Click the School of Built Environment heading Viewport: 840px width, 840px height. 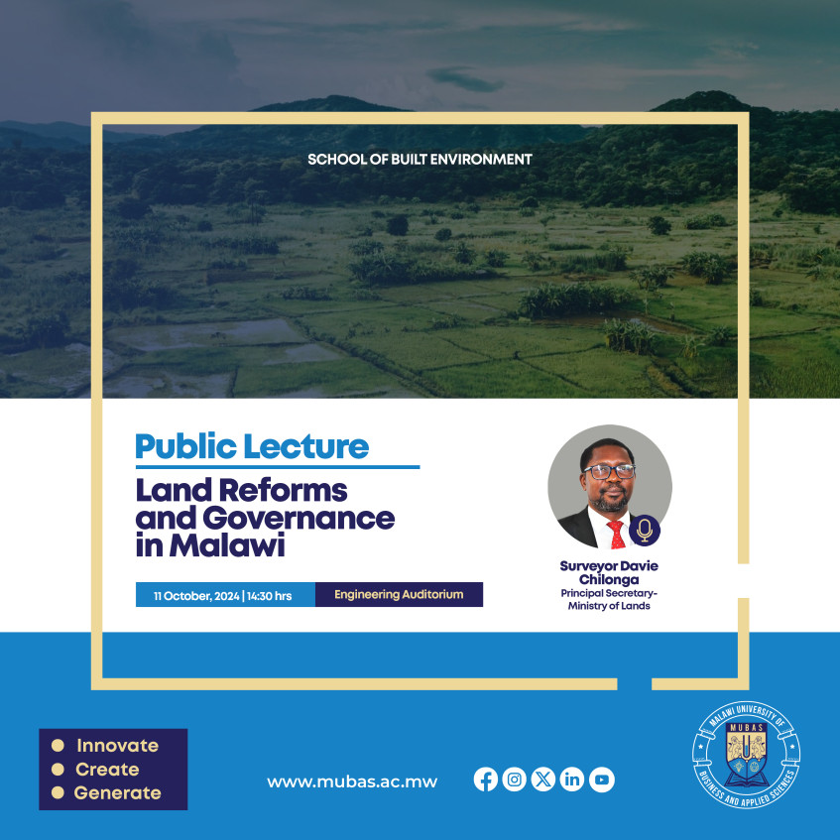pos(420,159)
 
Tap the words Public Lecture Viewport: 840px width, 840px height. pos(252,446)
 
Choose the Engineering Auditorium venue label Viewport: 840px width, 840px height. pos(399,595)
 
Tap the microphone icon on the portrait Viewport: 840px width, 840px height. pos(645,531)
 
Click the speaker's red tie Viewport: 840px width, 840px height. pos(616,535)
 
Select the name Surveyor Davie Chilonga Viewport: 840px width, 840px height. pos(609,572)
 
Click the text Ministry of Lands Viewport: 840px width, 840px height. pos(609,606)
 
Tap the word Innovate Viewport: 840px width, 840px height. pos(117,746)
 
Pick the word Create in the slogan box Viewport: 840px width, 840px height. pos(107,770)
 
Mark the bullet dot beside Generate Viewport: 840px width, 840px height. pos(58,792)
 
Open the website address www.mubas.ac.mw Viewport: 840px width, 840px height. pos(352,781)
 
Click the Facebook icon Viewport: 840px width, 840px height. pos(486,780)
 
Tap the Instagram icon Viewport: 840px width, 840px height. pos(514,780)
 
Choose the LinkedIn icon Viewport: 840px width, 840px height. pos(572,780)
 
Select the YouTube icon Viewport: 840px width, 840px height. pos(601,780)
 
